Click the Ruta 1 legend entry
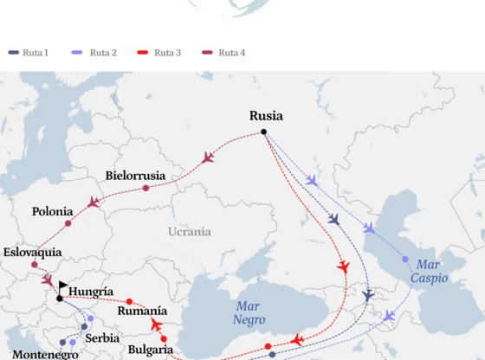[x=29, y=53]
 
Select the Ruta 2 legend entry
[x=96, y=53]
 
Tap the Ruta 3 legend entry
[x=160, y=53]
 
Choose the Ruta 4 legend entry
[x=224, y=53]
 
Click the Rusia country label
[x=266, y=116]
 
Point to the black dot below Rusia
[x=264, y=132]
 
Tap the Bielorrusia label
[x=135, y=176]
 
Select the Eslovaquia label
[x=33, y=253]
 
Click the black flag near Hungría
[x=64, y=286]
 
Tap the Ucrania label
[x=189, y=232]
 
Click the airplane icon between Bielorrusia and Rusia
[x=208, y=157]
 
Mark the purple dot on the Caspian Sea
[x=405, y=259]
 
